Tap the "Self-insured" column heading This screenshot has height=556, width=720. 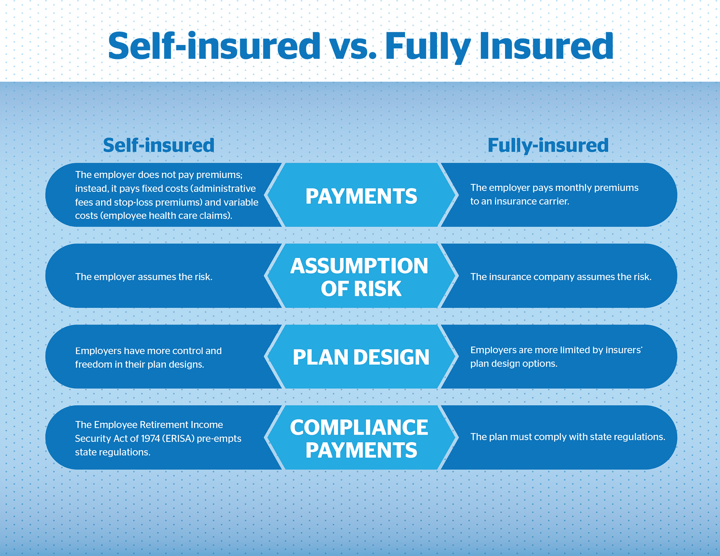159,145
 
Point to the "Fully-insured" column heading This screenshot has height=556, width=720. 548,145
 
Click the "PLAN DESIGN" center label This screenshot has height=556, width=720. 361,357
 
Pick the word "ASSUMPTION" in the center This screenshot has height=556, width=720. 359,266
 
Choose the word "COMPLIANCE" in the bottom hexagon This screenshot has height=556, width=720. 359,427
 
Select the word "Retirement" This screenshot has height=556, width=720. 165,425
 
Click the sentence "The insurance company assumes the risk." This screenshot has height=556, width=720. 560,277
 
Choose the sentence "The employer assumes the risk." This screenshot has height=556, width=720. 144,277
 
